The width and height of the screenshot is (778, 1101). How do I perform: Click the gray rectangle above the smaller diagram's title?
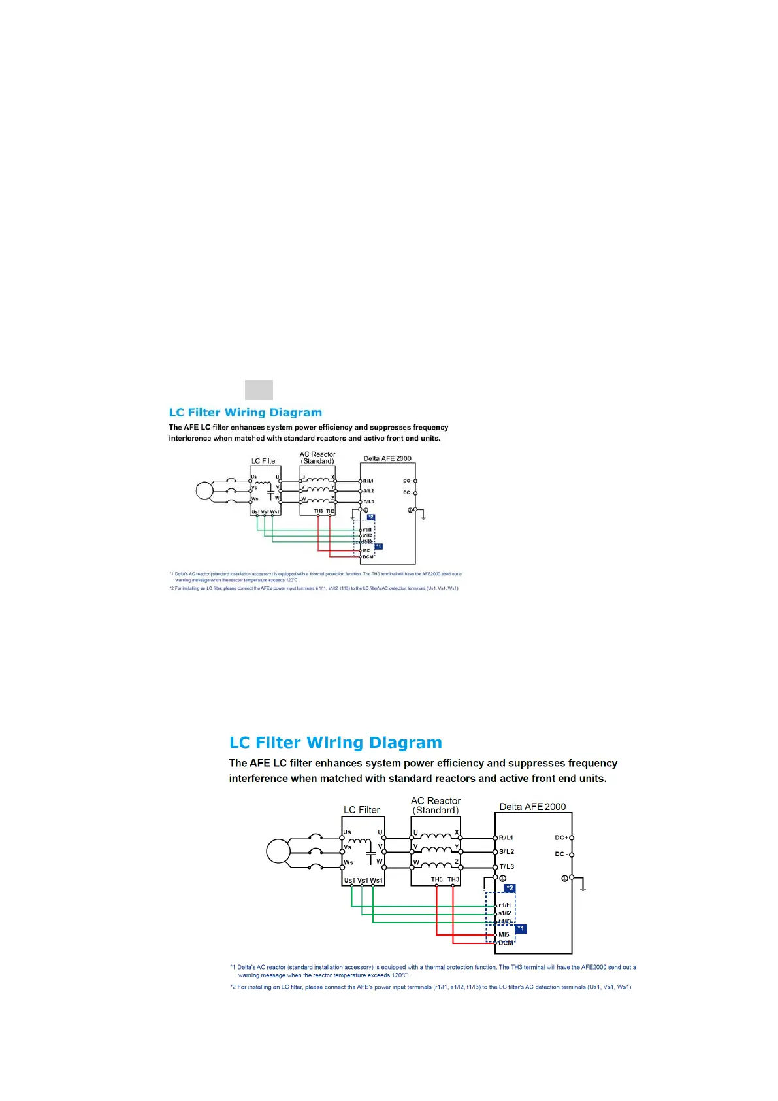click(x=259, y=390)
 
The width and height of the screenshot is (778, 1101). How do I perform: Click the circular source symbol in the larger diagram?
click(x=278, y=851)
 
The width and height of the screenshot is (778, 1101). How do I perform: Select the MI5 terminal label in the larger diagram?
click(x=504, y=935)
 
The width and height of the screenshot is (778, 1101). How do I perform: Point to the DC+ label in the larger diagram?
click(x=561, y=838)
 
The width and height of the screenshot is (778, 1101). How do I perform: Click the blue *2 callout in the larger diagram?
click(x=510, y=889)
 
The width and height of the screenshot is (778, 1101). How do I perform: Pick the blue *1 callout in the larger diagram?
click(x=521, y=929)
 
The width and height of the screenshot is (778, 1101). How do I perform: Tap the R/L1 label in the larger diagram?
click(x=506, y=838)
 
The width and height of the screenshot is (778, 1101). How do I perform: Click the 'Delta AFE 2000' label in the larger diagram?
click(x=532, y=807)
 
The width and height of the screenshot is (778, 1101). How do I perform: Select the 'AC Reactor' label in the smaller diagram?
click(x=317, y=454)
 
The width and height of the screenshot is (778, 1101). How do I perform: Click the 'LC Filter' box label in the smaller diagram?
click(x=265, y=461)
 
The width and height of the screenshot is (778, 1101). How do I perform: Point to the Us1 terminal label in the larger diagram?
click(x=349, y=881)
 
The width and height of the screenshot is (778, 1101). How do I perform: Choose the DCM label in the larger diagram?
click(x=506, y=943)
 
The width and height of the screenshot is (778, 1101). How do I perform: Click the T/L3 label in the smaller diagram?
click(x=368, y=502)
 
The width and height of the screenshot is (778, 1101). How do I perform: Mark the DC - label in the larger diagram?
click(x=560, y=854)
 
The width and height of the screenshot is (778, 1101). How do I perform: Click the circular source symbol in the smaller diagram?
click(x=204, y=490)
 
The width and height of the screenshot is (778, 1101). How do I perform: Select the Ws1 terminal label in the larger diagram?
click(x=376, y=881)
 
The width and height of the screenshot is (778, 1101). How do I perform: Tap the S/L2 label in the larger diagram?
click(x=506, y=852)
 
